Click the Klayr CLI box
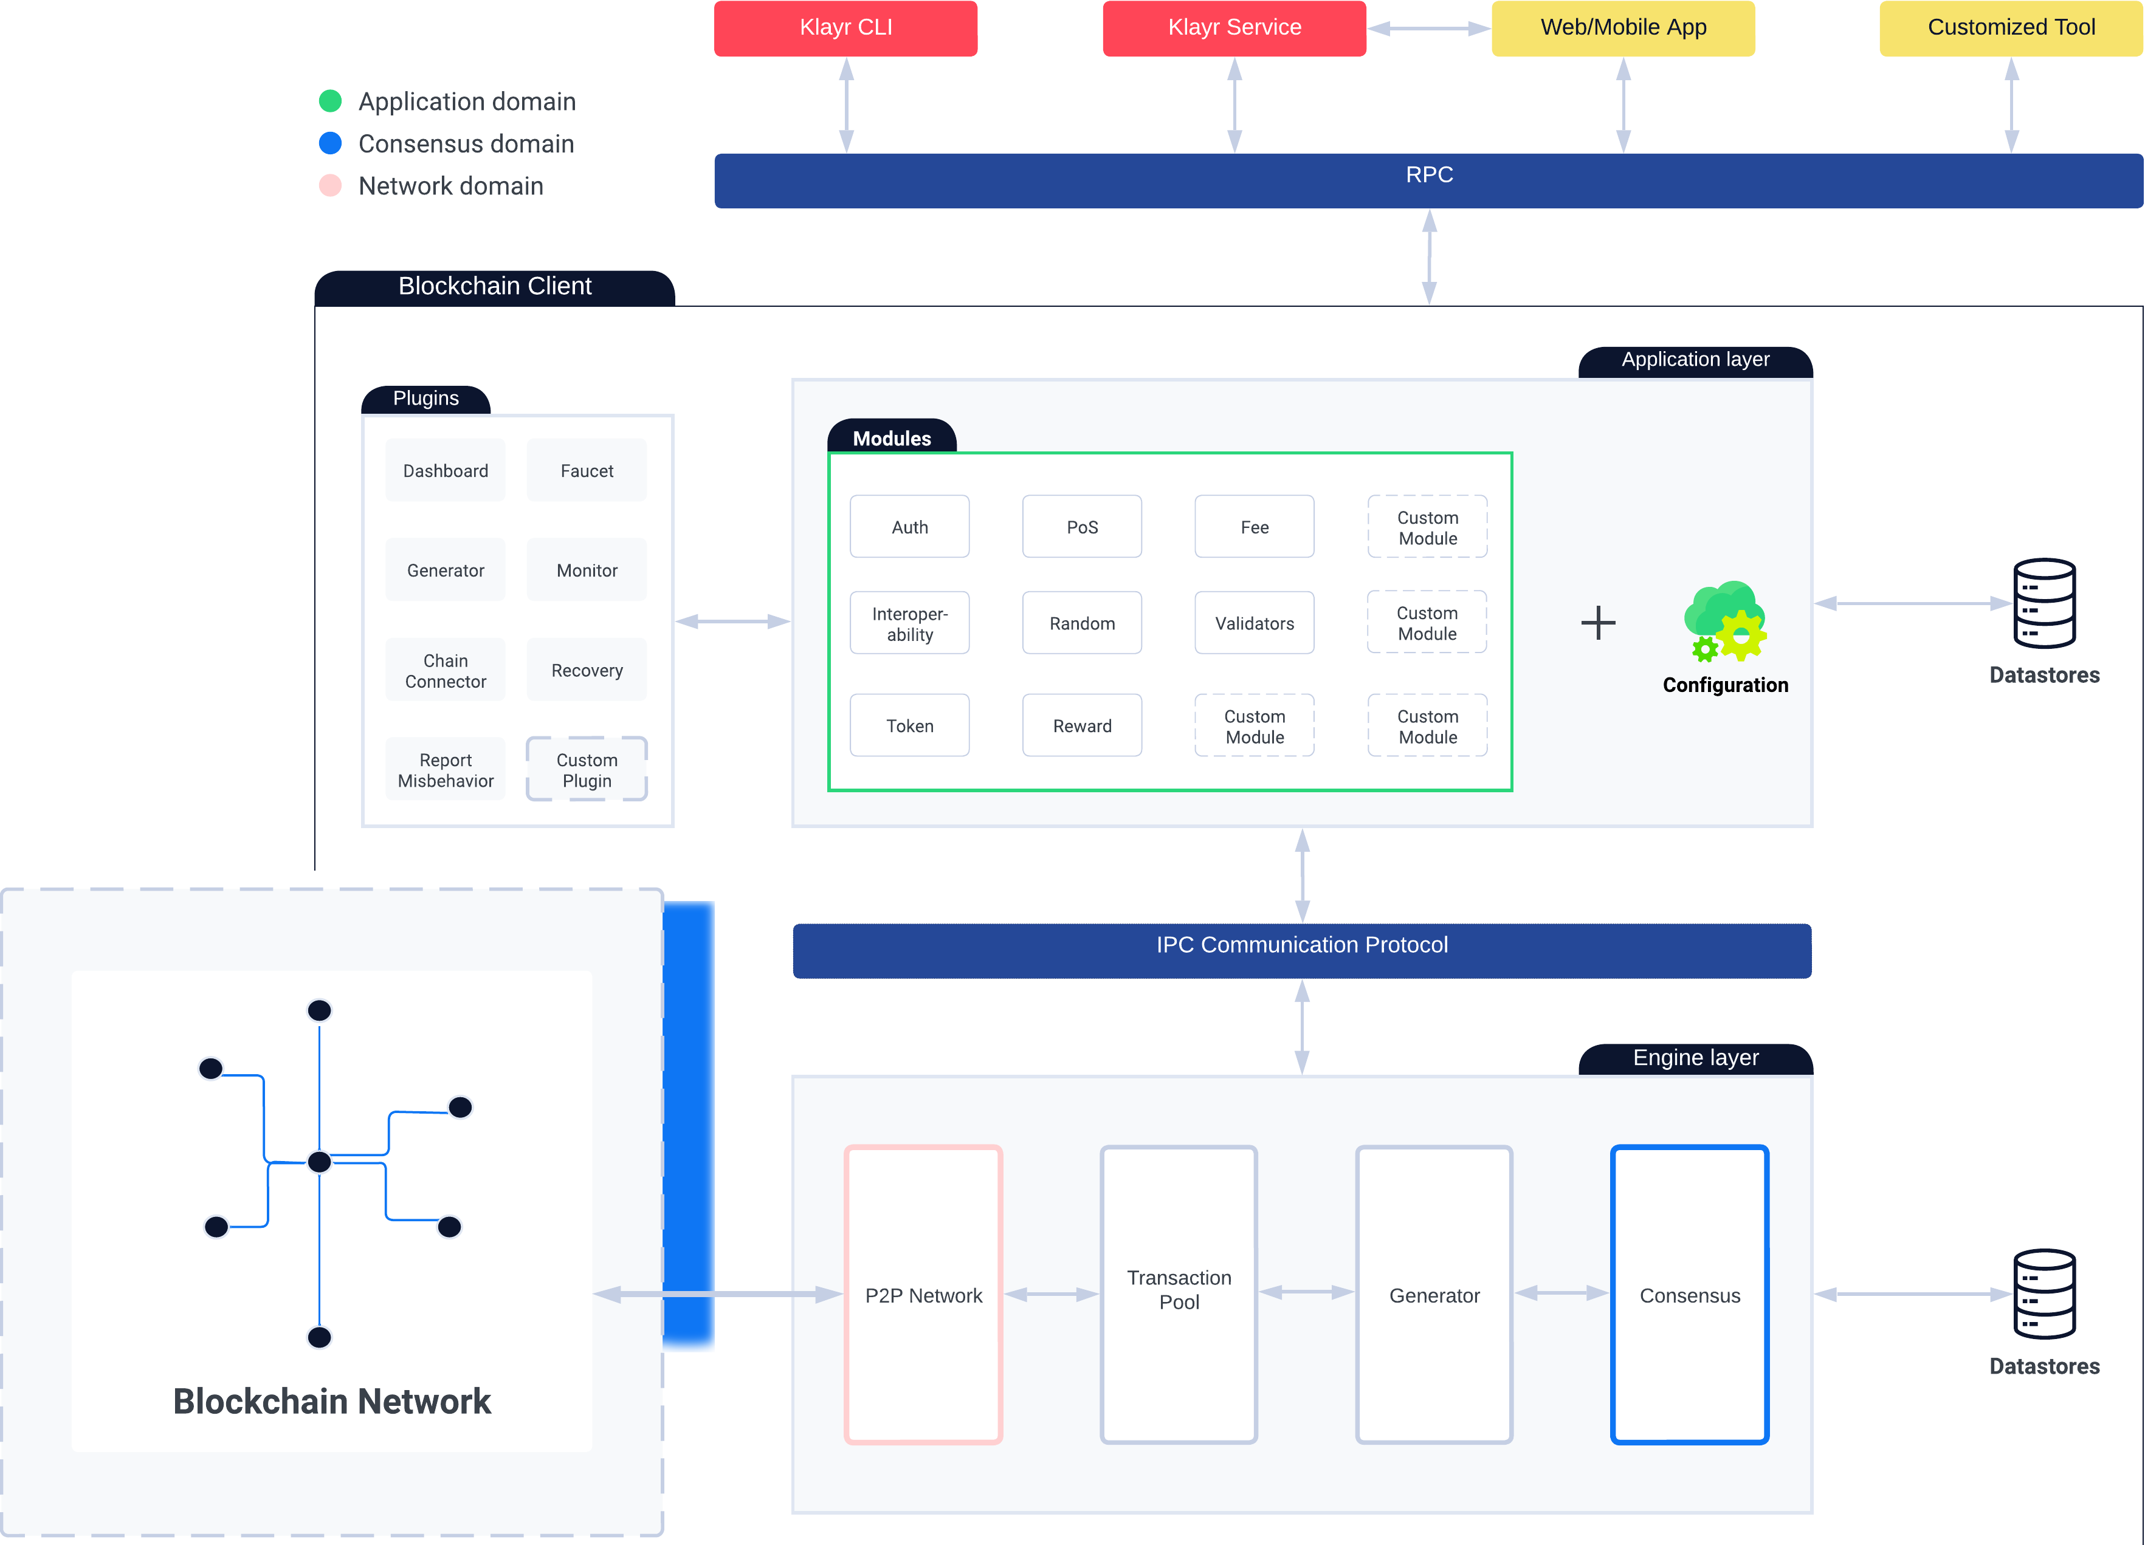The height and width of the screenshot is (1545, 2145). pos(845,29)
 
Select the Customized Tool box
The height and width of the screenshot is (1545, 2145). pos(2011,29)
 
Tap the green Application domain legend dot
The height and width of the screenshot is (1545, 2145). pos(330,101)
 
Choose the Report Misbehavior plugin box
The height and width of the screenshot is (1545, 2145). pos(446,770)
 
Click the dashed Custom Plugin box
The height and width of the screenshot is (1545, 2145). pos(587,770)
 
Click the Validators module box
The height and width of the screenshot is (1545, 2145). pos(1254,623)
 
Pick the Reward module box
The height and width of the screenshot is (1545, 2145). pos(1082,725)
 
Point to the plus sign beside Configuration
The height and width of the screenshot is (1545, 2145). pos(1597,622)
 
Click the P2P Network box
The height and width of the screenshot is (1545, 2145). pos(923,1295)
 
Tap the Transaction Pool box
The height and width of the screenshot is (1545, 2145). pos(1179,1295)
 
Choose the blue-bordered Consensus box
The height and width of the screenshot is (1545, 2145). pos(1689,1295)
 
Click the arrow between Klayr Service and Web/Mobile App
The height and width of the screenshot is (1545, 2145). pos(1428,29)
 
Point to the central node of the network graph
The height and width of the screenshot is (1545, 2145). pos(320,1161)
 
